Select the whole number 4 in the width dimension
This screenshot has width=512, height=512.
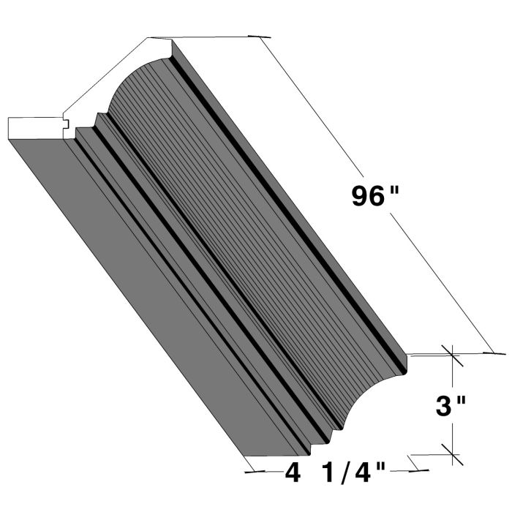point(293,473)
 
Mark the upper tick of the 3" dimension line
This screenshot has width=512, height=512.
point(452,356)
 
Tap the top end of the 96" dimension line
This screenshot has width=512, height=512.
point(260,36)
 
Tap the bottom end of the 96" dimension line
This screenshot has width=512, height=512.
point(486,352)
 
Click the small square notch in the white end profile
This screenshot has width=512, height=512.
point(67,125)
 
